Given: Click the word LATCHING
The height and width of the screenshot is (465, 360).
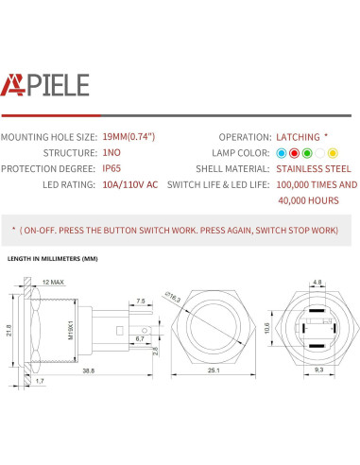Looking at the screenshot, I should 298,136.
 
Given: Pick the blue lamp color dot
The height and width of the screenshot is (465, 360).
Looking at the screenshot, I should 281,152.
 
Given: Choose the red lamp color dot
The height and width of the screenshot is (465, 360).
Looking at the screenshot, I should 293,152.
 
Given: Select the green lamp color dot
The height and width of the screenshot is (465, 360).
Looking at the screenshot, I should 306,152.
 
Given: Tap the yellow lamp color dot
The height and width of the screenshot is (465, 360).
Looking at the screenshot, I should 333,152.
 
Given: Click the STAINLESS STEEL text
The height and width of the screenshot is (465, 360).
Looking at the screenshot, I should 313,168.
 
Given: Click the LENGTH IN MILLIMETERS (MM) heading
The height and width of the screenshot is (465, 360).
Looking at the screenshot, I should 53,258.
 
